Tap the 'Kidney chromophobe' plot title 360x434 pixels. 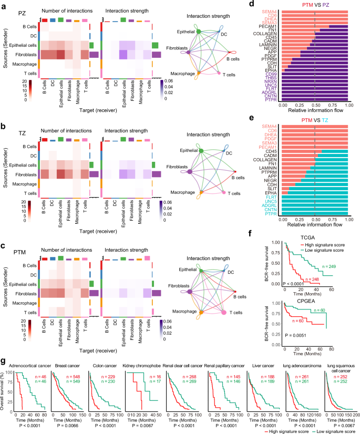pos(146,349)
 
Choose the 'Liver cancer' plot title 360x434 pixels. pos(260,349)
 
